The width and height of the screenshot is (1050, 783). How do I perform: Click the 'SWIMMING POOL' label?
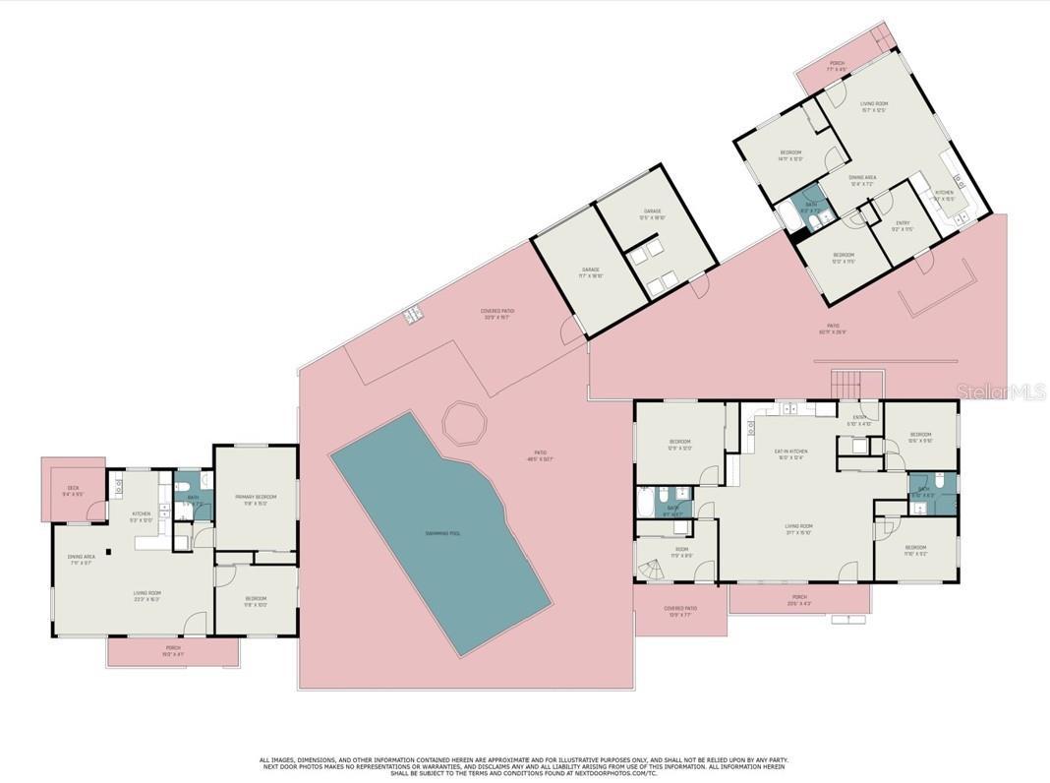(x=442, y=533)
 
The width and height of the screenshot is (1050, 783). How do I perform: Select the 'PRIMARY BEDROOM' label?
(x=256, y=498)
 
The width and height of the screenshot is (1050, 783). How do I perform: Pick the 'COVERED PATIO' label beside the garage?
(x=498, y=312)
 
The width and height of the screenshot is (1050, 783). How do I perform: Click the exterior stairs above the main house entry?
(x=846, y=383)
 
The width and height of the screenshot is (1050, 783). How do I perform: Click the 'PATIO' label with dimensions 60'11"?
(x=833, y=328)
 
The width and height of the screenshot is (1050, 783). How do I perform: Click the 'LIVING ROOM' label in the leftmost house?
(x=147, y=593)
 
